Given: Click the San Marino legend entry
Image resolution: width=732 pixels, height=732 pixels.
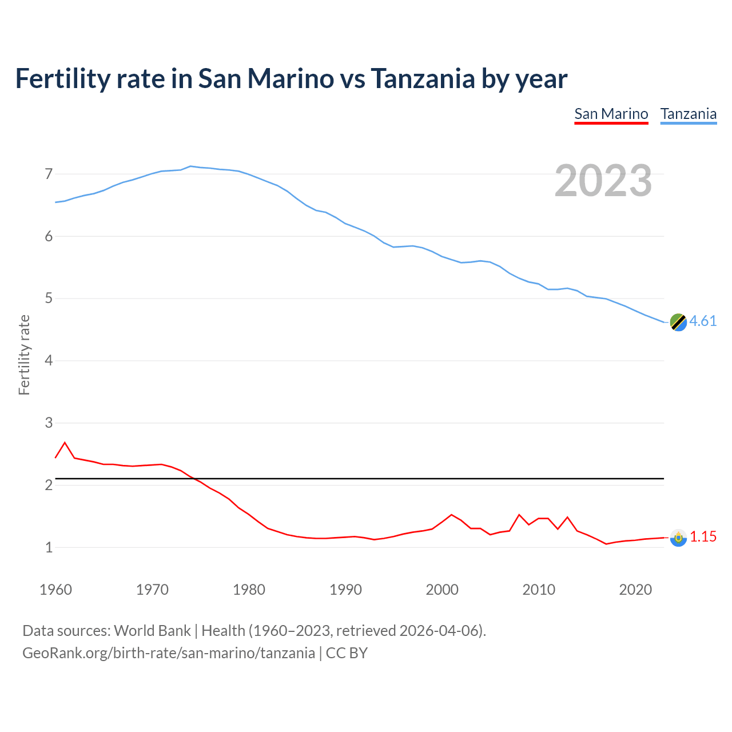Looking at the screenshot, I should pyautogui.click(x=611, y=114).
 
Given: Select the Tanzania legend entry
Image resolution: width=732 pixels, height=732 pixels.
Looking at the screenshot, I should pyautogui.click(x=688, y=114).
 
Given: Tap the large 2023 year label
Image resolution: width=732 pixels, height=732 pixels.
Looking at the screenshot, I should pyautogui.click(x=603, y=181).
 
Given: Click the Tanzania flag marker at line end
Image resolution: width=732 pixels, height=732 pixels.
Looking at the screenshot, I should pyautogui.click(x=678, y=322).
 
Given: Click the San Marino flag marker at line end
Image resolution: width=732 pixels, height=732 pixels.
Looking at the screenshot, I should pyautogui.click(x=678, y=538).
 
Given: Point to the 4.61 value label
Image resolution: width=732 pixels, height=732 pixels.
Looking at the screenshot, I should pyautogui.click(x=703, y=321).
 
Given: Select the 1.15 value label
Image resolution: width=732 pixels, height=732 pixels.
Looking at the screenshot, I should pyautogui.click(x=703, y=536).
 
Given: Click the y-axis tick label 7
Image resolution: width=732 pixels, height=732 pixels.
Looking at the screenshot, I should pyautogui.click(x=49, y=174).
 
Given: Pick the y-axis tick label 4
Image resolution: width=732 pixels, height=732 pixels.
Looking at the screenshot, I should pyautogui.click(x=49, y=361).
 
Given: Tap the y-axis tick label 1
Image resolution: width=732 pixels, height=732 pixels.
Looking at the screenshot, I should pyautogui.click(x=49, y=548).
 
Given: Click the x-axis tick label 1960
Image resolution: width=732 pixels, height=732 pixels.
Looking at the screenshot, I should pyautogui.click(x=55, y=590).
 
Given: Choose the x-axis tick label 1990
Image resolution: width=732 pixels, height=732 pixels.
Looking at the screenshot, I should pyautogui.click(x=345, y=590).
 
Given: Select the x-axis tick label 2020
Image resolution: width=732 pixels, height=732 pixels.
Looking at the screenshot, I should pyautogui.click(x=635, y=590).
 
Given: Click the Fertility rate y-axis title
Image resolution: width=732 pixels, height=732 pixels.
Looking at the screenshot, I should pyautogui.click(x=24, y=355).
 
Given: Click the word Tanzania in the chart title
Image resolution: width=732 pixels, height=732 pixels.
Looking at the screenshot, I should pyautogui.click(x=422, y=78).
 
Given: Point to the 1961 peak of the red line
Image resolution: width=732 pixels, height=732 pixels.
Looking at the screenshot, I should pyautogui.click(x=65, y=443).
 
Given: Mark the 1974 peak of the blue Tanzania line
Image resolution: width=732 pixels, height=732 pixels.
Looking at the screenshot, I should pyautogui.click(x=190, y=166).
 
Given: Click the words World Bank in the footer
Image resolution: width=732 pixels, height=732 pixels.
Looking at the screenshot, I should pyautogui.click(x=152, y=631).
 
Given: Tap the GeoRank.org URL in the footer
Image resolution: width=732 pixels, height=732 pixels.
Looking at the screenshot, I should pyautogui.click(x=168, y=653).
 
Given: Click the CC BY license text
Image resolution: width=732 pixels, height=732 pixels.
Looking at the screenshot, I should pyautogui.click(x=347, y=653).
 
